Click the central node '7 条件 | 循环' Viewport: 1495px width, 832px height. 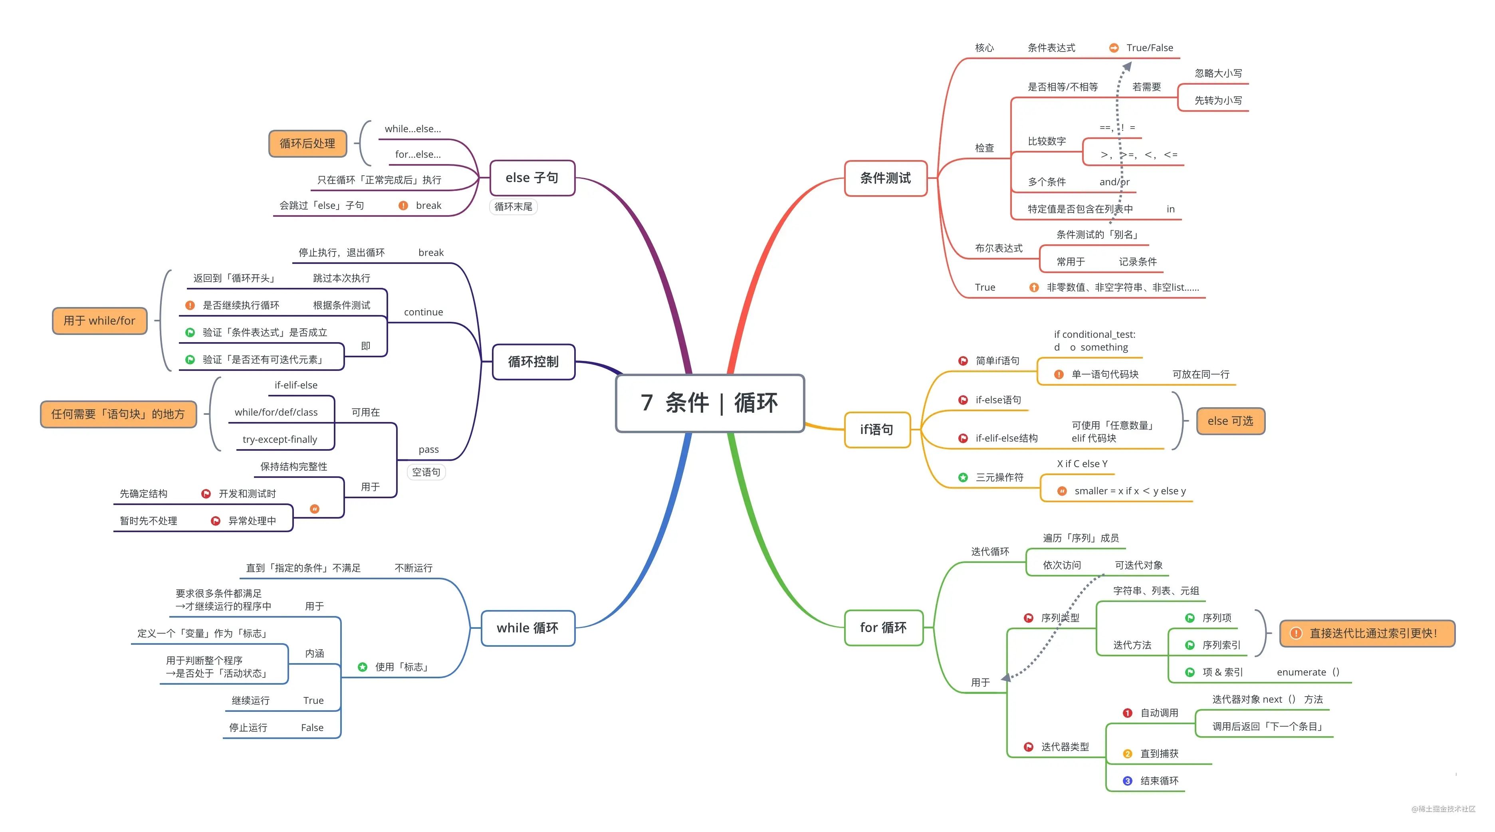[x=709, y=403]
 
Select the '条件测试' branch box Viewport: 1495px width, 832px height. [x=885, y=178]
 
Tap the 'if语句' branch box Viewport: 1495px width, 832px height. [x=876, y=429]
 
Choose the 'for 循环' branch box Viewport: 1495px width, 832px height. [x=883, y=627]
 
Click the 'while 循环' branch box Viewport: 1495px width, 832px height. [x=527, y=628]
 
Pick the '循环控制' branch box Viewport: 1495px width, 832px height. [x=533, y=361]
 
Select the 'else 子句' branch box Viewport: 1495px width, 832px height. [x=531, y=178]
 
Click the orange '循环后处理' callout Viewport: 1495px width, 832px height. [x=307, y=143]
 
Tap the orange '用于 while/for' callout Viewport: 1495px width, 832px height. [x=99, y=321]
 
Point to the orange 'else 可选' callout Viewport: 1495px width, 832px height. [x=1230, y=421]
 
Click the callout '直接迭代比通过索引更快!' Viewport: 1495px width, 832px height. [x=1367, y=633]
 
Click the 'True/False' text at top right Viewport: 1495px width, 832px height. [x=1149, y=48]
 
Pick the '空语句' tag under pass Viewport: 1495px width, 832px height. [x=426, y=472]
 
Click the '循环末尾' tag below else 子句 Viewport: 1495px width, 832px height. [x=513, y=206]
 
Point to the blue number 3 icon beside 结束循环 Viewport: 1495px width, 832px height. [x=1127, y=781]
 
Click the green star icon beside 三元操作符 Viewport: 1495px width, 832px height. [x=963, y=477]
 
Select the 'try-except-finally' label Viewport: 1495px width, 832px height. [x=280, y=439]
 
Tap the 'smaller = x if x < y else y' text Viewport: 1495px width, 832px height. [x=1129, y=491]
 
